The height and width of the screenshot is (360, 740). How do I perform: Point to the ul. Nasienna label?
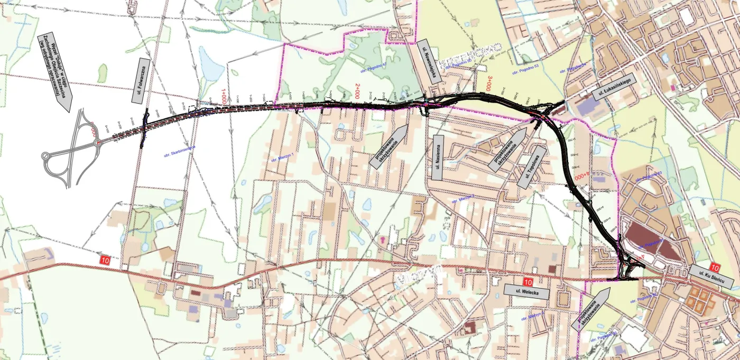pyautogui.click(x=437, y=157)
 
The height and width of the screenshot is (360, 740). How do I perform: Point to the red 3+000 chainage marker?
pyautogui.click(x=490, y=84)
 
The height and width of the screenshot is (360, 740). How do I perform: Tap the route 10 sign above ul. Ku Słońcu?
pyautogui.click(x=715, y=266)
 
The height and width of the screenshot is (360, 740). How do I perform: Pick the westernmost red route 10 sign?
pyautogui.click(x=105, y=260)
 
